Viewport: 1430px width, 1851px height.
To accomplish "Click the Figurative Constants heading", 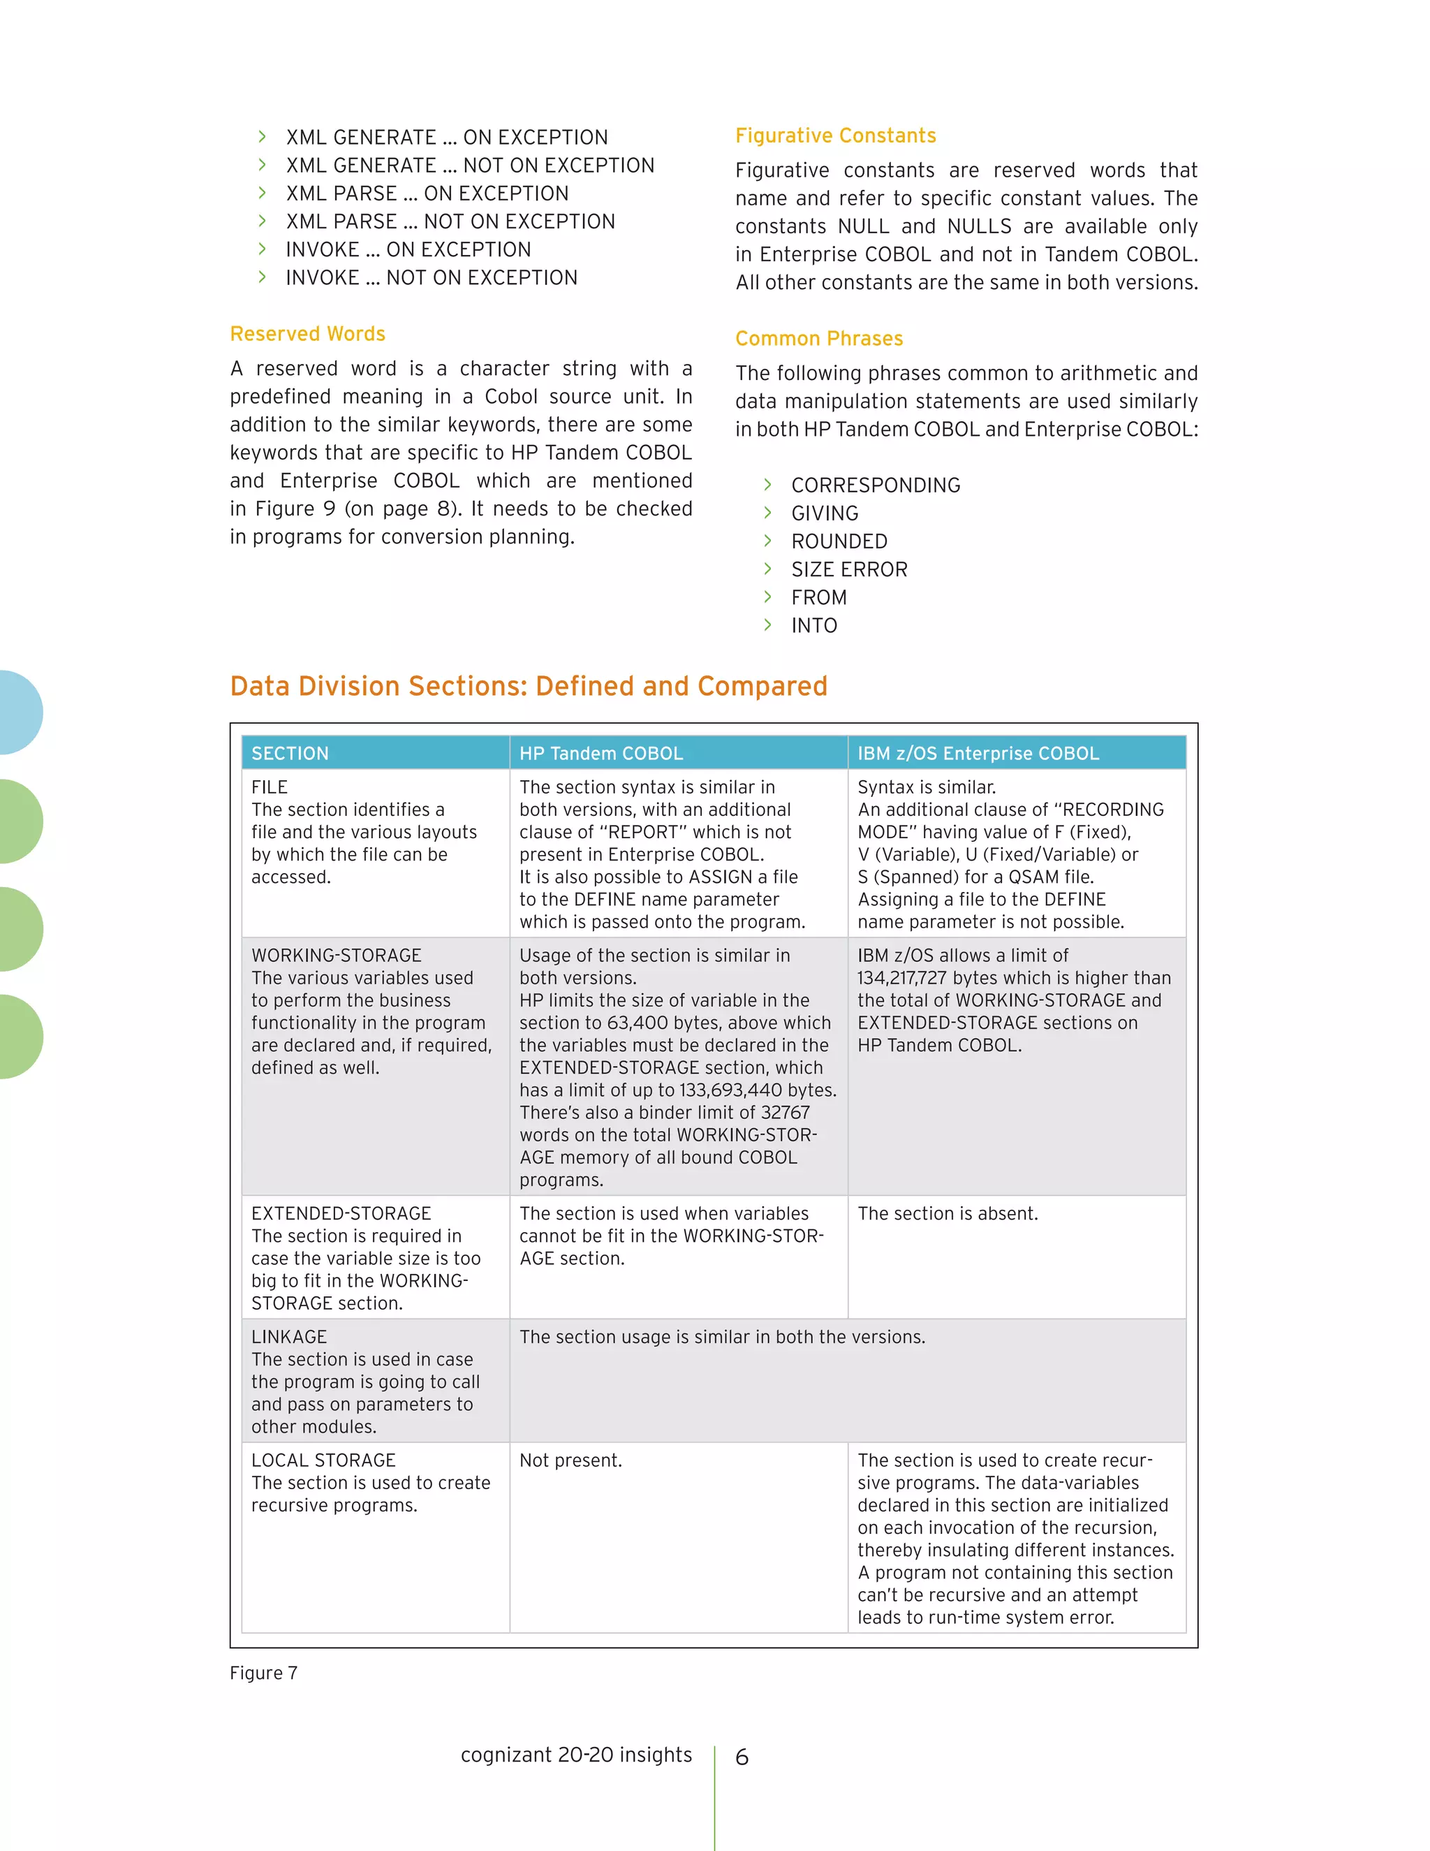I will (835, 136).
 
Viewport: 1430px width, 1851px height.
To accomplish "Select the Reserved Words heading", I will (307, 334).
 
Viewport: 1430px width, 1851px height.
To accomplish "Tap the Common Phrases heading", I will (818, 339).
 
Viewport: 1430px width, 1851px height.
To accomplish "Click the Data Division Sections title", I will (528, 686).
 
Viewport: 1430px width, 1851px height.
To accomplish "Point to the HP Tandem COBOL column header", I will (600, 754).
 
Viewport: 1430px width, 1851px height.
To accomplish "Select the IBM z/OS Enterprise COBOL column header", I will (978, 754).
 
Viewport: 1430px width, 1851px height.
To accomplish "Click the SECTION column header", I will (290, 754).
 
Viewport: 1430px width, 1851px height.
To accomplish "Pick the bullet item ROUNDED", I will (839, 541).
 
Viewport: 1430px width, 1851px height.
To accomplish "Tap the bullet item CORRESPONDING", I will (875, 485).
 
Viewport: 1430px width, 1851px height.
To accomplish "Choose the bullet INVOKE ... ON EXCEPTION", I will (408, 250).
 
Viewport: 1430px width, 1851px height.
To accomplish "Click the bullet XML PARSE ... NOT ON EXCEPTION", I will (450, 222).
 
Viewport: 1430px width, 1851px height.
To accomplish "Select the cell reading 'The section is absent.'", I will (947, 1214).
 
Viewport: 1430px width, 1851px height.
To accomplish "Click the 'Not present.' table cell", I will (570, 1461).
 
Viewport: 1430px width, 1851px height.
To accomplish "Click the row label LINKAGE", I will (289, 1338).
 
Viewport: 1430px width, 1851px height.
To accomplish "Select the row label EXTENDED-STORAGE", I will (341, 1214).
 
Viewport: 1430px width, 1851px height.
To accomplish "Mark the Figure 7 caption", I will (263, 1673).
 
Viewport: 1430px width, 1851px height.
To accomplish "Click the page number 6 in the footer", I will (742, 1758).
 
